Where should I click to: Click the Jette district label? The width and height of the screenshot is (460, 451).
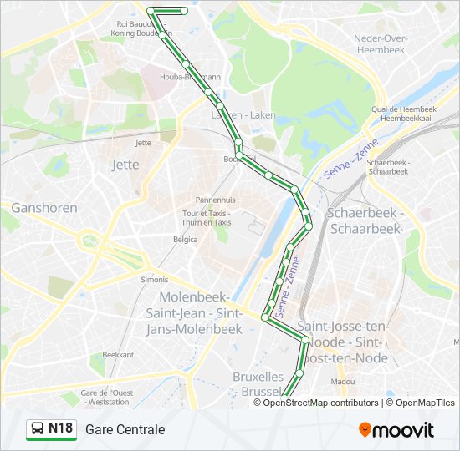125,165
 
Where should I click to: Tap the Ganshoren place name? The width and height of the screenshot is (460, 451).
43,208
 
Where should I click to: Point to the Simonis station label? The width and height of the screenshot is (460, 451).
154,280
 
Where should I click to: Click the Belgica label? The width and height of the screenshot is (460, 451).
185,240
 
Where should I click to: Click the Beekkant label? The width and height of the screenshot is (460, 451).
118,355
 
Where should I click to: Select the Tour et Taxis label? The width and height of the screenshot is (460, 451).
207,218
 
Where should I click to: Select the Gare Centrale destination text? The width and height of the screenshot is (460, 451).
125,429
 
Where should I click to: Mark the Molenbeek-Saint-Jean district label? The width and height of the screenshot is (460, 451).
194,314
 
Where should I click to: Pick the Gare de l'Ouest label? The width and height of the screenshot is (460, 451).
105,397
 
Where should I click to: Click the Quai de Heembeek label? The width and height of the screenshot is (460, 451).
405,114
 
